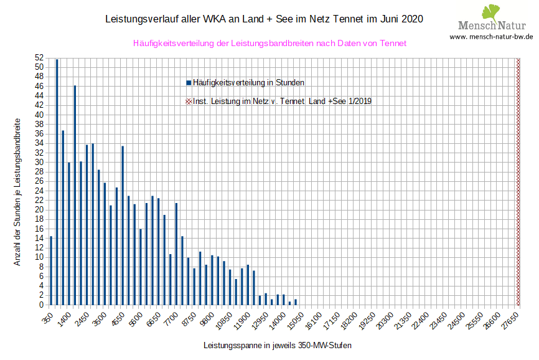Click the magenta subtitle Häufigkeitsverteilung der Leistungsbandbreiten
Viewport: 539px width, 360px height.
click(269, 44)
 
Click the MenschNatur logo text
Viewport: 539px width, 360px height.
click(492, 26)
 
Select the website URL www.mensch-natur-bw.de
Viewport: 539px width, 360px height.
click(492, 37)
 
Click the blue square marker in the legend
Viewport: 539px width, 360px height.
click(189, 82)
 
